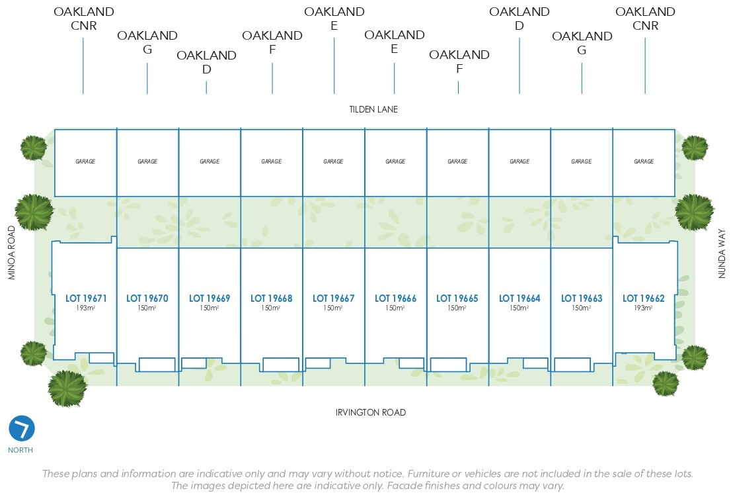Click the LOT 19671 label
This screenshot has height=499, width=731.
[86, 298]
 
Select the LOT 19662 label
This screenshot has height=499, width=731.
[643, 298]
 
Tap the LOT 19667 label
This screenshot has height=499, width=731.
[333, 298]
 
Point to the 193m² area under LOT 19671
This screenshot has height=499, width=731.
[86, 308]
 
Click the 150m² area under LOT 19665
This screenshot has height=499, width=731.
[457, 308]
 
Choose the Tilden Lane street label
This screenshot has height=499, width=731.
[373, 109]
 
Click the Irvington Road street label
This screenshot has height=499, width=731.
[371, 412]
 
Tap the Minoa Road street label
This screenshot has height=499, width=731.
[12, 252]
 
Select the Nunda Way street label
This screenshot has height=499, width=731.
[722, 253]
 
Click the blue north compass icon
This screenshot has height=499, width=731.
[22, 429]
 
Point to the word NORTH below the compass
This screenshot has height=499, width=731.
[20, 450]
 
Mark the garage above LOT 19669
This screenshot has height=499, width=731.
[210, 161]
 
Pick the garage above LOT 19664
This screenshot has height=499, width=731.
[519, 161]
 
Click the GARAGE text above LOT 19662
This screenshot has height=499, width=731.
[644, 161]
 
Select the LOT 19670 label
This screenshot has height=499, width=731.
[147, 298]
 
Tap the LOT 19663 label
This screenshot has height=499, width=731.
[582, 298]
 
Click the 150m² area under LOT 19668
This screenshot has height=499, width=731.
[271, 308]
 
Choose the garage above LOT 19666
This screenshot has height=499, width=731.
[395, 161]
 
